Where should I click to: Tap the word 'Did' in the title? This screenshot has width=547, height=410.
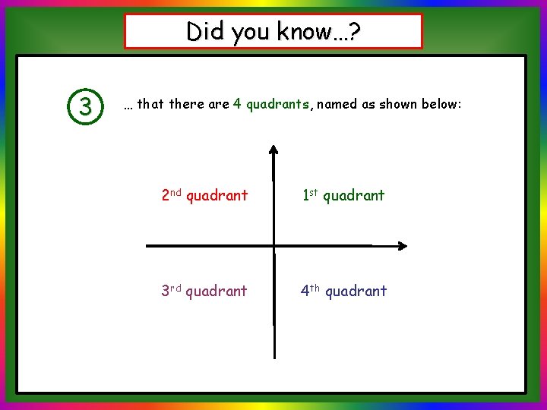click(x=204, y=31)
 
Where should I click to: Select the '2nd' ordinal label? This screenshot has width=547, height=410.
click(x=172, y=195)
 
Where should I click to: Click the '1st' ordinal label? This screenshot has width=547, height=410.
click(x=310, y=195)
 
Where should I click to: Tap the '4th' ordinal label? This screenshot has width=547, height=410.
click(x=311, y=291)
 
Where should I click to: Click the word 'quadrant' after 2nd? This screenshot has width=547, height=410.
click(x=217, y=196)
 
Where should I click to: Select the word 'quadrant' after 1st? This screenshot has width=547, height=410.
click(x=354, y=196)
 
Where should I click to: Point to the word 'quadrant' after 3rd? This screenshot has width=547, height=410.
click(x=217, y=292)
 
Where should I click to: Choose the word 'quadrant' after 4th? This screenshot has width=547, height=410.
click(x=356, y=292)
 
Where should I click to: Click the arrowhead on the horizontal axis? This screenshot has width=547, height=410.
click(x=402, y=246)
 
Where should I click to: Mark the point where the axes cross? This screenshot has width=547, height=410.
click(x=273, y=246)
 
